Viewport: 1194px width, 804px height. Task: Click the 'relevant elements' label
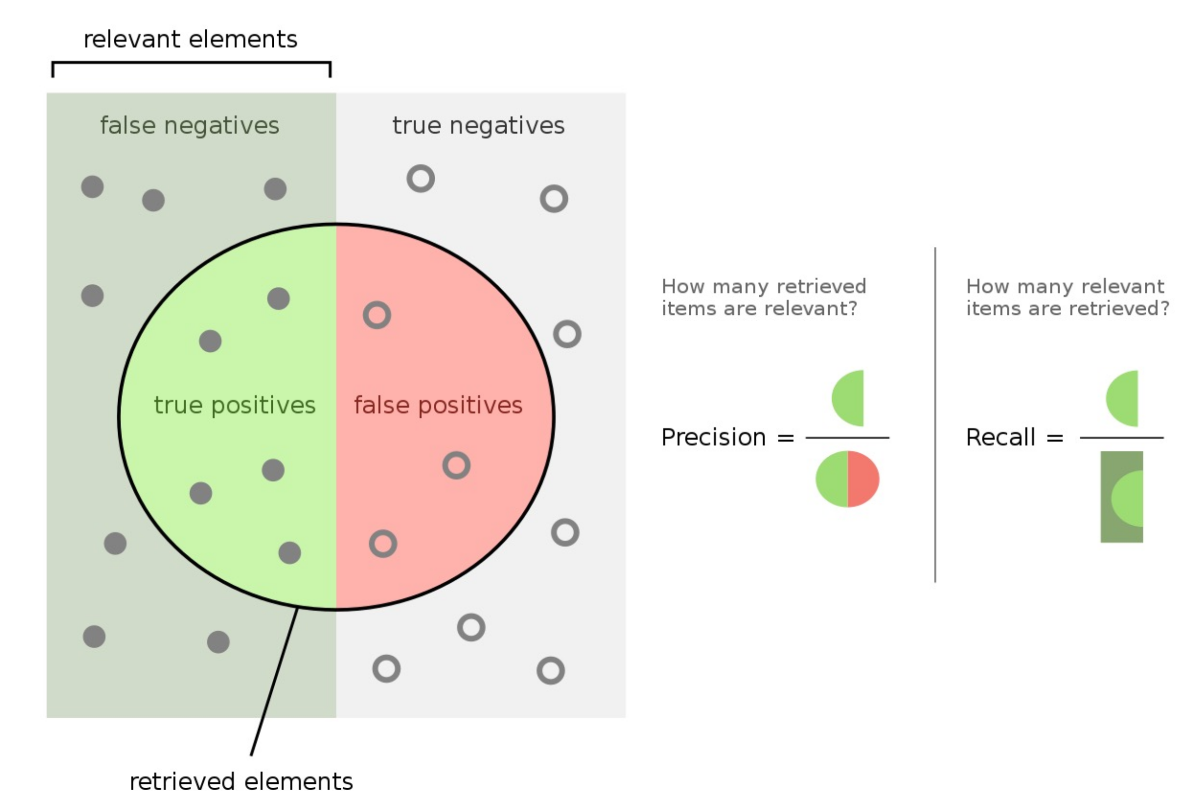[x=190, y=39]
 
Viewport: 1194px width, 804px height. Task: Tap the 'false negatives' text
[x=189, y=126]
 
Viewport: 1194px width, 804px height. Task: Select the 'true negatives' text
[x=478, y=126]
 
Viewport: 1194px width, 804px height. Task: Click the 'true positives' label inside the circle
[x=234, y=405]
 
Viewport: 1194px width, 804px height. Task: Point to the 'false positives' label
[x=438, y=405]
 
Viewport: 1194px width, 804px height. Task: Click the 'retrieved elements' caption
[x=241, y=782]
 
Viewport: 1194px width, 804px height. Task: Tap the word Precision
[x=713, y=437]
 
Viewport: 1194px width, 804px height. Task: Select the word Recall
[x=1000, y=437]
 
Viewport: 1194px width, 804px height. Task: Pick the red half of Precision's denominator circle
[x=863, y=479]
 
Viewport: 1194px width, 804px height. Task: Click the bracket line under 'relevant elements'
[x=191, y=63]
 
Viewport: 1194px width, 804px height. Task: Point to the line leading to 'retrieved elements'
[x=274, y=682]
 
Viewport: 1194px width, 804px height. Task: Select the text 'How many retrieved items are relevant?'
[x=763, y=298]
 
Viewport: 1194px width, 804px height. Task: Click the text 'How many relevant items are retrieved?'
[x=1067, y=298]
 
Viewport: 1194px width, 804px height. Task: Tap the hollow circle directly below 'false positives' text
[x=456, y=466]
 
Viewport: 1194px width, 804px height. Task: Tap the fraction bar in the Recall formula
[x=1121, y=438]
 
